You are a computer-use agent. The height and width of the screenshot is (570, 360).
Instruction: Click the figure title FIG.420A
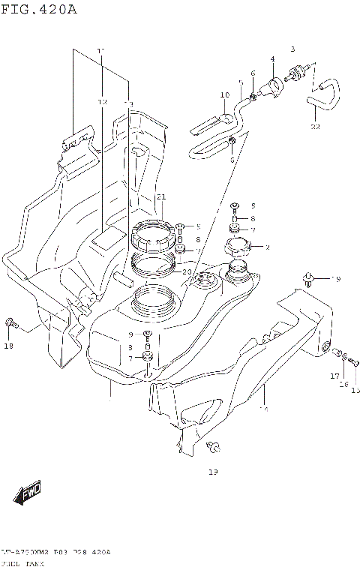pyautogui.click(x=39, y=10)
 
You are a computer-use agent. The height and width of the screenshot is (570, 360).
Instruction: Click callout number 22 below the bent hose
pyautogui.click(x=315, y=127)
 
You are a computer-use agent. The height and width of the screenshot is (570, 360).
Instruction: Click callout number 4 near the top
pyautogui.click(x=272, y=59)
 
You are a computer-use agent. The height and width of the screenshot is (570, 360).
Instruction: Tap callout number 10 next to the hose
pyautogui.click(x=224, y=95)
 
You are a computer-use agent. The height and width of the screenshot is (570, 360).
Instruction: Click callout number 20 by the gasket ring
pyautogui.click(x=186, y=271)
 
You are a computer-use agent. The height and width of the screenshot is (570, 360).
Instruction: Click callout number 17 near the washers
pyautogui.click(x=334, y=376)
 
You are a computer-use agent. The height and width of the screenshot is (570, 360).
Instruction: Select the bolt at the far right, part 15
pyautogui.click(x=355, y=364)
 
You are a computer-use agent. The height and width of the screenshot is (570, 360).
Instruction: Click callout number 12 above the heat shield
pyautogui.click(x=103, y=101)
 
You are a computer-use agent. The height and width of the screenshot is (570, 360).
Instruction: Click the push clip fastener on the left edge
pyautogui.click(x=10, y=323)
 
